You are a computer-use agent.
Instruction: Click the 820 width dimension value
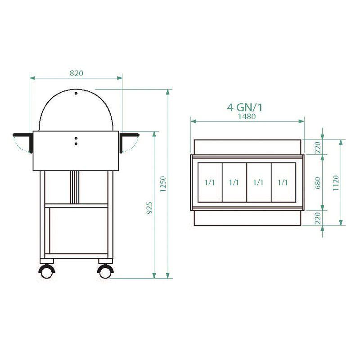tap(76, 72)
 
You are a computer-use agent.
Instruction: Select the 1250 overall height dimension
tap(163, 184)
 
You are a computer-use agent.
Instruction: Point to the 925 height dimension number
tap(150, 207)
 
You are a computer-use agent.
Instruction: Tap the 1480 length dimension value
tap(247, 116)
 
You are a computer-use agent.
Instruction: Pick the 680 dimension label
tap(318, 182)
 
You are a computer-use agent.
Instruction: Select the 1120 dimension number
tap(336, 182)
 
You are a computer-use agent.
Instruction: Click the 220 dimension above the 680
tap(318, 147)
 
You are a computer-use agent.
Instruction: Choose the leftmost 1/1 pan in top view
tap(210, 182)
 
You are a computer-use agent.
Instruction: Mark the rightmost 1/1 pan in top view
tap(283, 182)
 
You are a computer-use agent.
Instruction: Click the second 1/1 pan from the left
tap(234, 182)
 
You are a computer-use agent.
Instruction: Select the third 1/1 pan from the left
tap(259, 182)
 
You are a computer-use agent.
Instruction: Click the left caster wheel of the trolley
tap(46, 271)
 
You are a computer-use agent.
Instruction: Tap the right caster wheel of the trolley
tap(105, 271)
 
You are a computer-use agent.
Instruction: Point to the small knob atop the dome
tap(76, 93)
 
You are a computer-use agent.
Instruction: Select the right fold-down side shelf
tap(130, 135)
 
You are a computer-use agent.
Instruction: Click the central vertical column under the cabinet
tap(75, 187)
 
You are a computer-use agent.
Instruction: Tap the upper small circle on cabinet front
tap(76, 138)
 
